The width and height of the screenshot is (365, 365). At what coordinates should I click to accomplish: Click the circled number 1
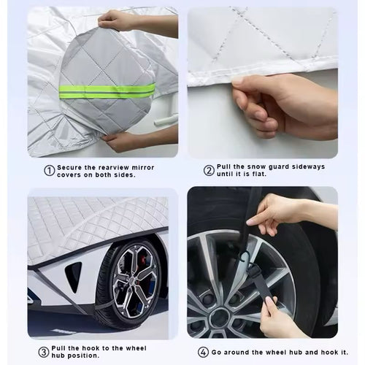[x=50, y=171]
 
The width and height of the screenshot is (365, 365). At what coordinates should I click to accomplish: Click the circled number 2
[x=209, y=170]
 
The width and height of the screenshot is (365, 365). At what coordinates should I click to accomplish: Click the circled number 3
[x=44, y=352]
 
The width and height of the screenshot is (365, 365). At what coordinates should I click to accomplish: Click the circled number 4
[x=202, y=352]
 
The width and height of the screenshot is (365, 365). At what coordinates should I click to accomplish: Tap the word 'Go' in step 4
[x=220, y=352]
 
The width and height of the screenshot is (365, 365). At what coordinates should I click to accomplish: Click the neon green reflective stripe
[x=107, y=91]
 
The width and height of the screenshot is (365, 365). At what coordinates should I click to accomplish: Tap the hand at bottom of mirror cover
[x=124, y=140]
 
